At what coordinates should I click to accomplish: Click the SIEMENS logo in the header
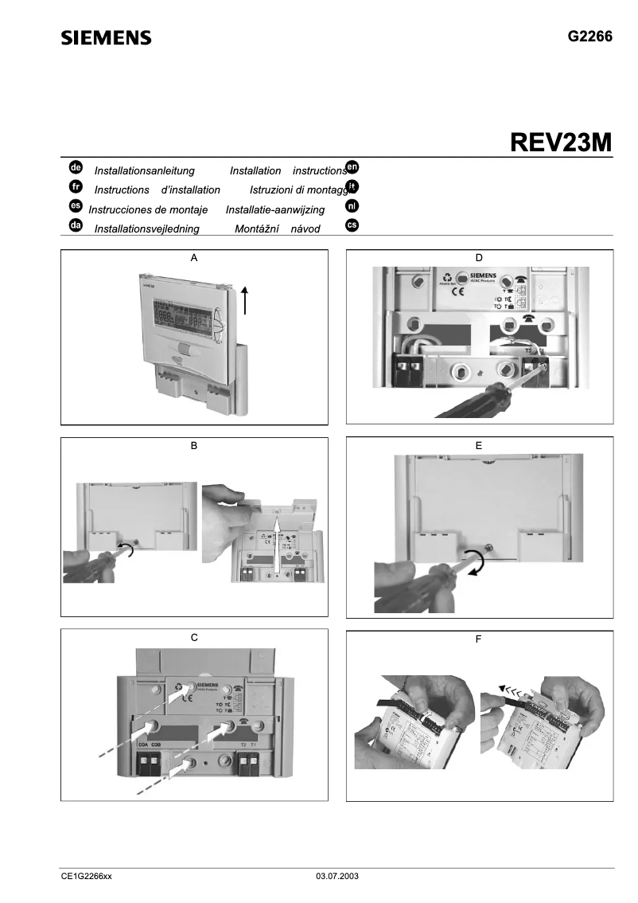click(106, 38)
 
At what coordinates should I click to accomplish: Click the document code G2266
click(589, 37)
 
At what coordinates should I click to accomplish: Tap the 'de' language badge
click(76, 168)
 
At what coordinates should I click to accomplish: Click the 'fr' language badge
click(76, 187)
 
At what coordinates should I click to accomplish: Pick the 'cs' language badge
click(352, 225)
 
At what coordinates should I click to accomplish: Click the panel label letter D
click(478, 257)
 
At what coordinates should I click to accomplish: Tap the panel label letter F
click(478, 639)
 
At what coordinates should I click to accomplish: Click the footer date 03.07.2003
click(338, 876)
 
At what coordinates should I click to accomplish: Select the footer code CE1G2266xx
click(87, 876)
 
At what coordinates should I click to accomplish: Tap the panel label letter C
click(194, 638)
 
